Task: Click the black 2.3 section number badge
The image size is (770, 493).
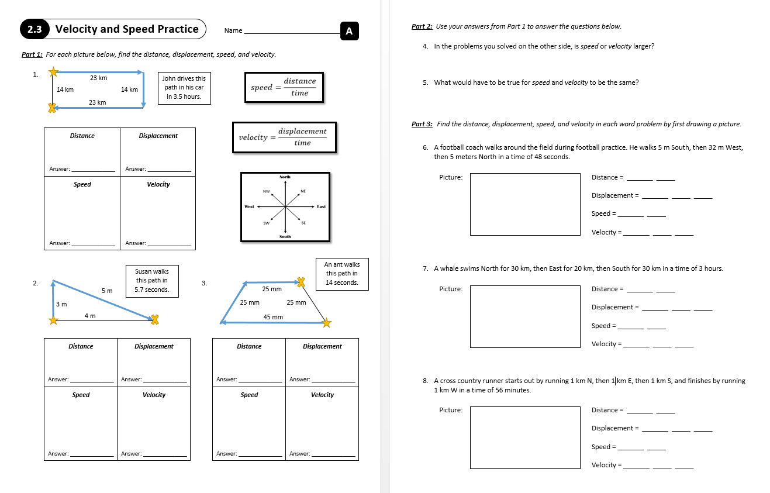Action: (34, 29)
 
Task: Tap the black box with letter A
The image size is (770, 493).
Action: (349, 31)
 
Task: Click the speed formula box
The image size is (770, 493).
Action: (284, 87)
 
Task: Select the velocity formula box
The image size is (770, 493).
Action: (284, 137)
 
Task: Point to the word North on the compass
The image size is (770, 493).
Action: (285, 177)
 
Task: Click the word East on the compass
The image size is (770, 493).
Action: (322, 206)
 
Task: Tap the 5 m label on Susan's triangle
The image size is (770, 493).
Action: (107, 291)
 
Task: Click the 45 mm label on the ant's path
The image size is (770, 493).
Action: (273, 317)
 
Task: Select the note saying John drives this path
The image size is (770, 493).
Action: (184, 88)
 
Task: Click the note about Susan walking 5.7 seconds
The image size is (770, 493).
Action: (152, 281)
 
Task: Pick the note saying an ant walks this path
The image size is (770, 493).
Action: (342, 274)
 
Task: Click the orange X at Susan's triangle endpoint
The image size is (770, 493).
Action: (155, 319)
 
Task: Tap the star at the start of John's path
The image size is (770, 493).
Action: (53, 72)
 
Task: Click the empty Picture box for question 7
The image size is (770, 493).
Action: (525, 316)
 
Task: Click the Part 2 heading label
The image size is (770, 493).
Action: (422, 26)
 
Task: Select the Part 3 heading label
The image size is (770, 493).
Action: (422, 124)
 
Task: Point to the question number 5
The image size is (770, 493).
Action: (426, 82)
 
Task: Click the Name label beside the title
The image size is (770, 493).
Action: (233, 30)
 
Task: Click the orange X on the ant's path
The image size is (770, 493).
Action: (301, 282)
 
